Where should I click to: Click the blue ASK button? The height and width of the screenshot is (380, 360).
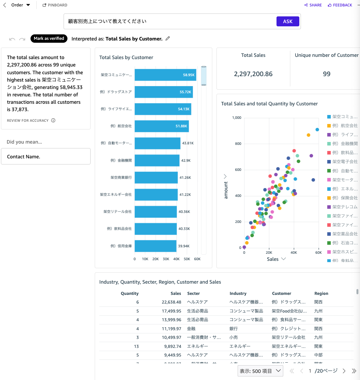[288, 22]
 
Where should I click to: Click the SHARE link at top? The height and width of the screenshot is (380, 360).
[313, 5]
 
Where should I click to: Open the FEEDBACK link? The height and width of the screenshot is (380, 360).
[340, 5]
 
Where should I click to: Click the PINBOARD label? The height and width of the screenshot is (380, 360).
[55, 5]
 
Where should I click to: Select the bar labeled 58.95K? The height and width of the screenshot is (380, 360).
[165, 75]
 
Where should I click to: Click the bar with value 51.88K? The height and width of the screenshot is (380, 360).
[162, 126]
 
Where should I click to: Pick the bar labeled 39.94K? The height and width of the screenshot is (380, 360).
[155, 246]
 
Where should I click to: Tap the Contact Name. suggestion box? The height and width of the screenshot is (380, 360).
[46, 156]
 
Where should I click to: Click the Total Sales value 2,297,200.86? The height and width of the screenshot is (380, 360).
[253, 74]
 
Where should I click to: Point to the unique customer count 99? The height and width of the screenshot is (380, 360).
[327, 74]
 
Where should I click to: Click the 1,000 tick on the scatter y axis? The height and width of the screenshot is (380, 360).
[237, 118]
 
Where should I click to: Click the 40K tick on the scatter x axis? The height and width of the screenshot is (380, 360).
[294, 252]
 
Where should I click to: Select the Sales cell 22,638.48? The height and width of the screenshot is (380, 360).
[171, 302]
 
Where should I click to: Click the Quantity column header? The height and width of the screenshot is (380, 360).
[129, 294]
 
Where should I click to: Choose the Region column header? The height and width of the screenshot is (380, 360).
[321, 294]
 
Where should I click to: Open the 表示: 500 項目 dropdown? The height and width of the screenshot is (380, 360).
[260, 371]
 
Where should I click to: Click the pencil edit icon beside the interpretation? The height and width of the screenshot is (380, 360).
[168, 39]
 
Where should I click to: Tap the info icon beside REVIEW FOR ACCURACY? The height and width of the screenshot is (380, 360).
[53, 120]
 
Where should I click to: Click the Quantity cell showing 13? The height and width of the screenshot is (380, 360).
[136, 346]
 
